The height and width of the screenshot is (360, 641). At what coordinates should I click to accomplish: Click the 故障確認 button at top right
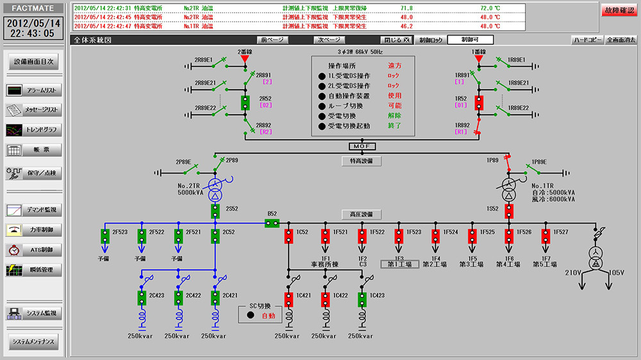(x=619, y=10)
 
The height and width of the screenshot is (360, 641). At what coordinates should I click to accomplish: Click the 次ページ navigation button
(x=326, y=40)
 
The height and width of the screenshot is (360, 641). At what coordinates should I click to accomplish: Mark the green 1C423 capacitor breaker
(x=362, y=299)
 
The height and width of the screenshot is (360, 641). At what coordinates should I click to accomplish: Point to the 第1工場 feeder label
(x=399, y=264)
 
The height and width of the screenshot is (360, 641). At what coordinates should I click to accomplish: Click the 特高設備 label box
(x=361, y=161)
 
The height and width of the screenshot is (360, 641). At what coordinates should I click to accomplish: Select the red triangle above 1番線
(x=478, y=60)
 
